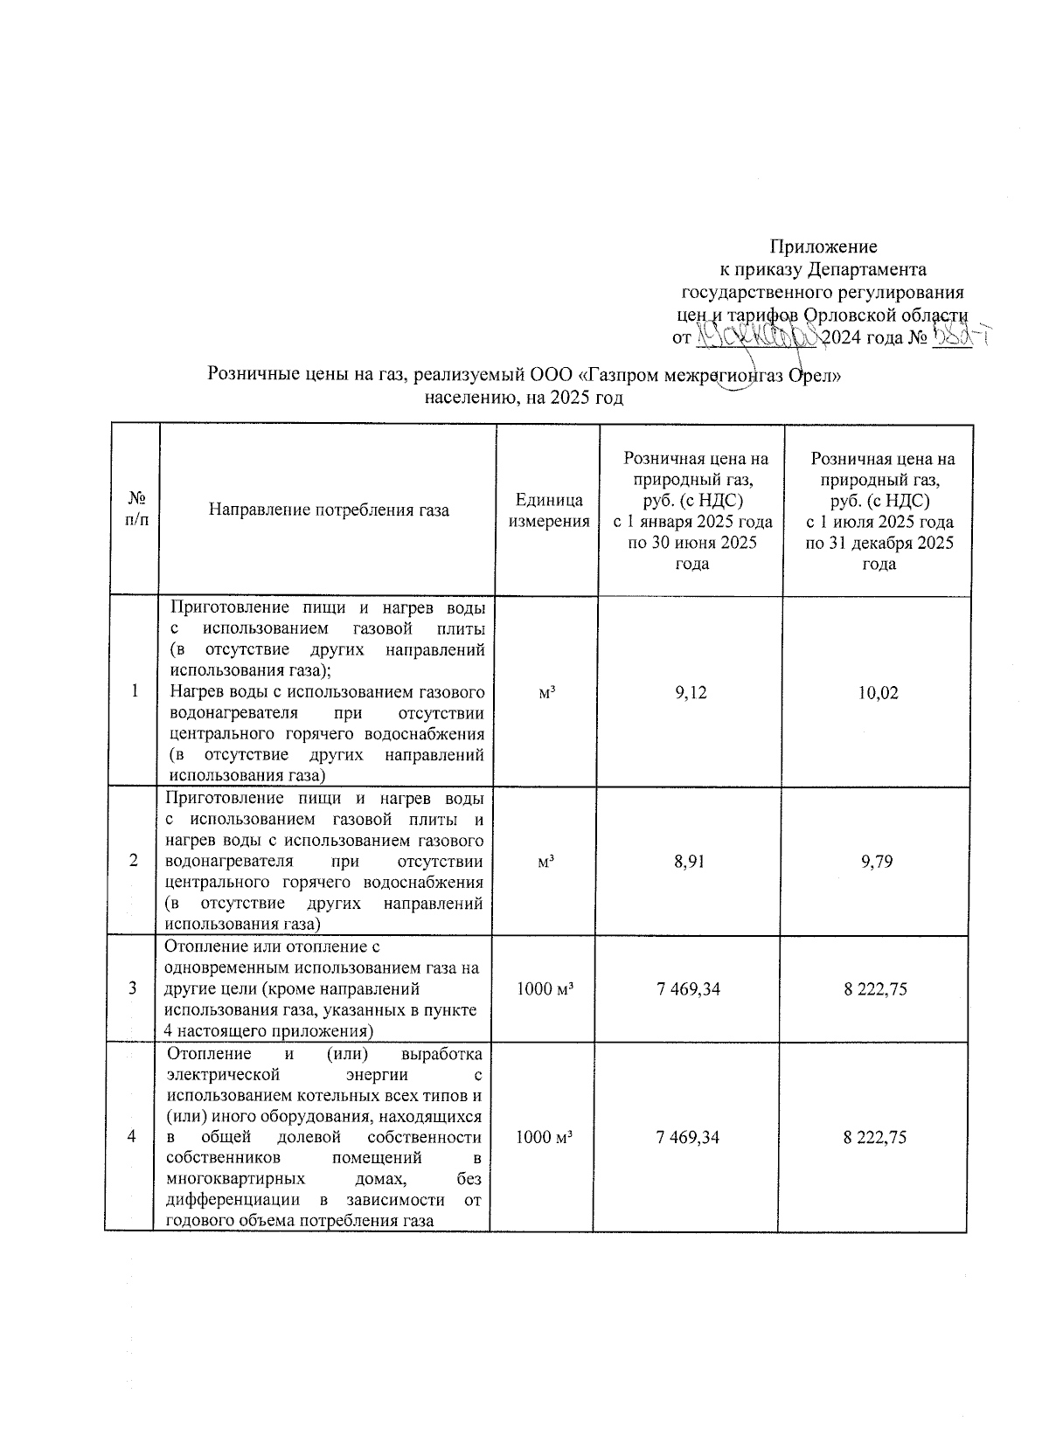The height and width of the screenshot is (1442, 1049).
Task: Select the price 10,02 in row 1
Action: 879,693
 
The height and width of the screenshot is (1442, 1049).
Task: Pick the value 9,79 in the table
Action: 878,862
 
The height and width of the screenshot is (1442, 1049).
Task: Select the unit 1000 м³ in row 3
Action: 545,989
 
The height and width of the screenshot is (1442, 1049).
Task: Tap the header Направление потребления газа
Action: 329,510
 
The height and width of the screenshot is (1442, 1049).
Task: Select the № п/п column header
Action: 136,510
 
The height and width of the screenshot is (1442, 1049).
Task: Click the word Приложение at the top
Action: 823,246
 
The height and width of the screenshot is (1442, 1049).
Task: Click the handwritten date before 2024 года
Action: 757,336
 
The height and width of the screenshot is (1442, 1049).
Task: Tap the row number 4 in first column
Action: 132,1137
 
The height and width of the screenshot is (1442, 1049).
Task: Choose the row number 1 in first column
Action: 135,692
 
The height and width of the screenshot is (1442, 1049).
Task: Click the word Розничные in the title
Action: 247,376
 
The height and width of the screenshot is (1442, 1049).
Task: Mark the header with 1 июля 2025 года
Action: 879,522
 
